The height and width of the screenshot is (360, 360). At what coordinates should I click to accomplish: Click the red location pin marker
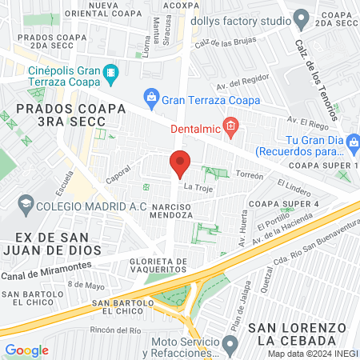tap(179, 164)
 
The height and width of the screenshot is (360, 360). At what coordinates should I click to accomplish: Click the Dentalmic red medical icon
tap(230, 126)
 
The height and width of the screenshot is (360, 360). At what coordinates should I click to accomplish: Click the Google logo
tap(26, 350)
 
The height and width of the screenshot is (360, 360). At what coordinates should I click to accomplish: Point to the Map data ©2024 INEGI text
tap(313, 354)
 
